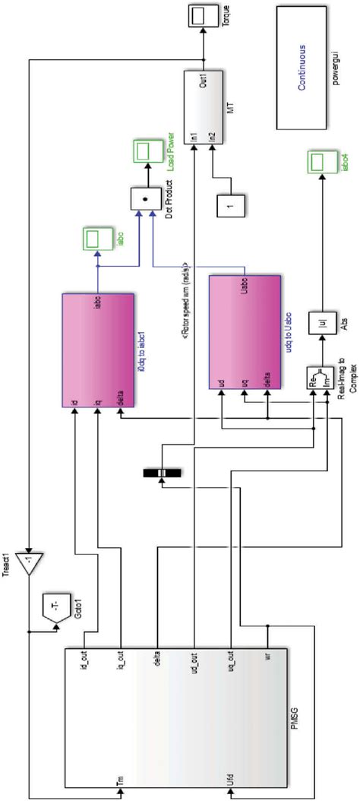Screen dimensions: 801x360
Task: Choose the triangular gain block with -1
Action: [x=35, y=565]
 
